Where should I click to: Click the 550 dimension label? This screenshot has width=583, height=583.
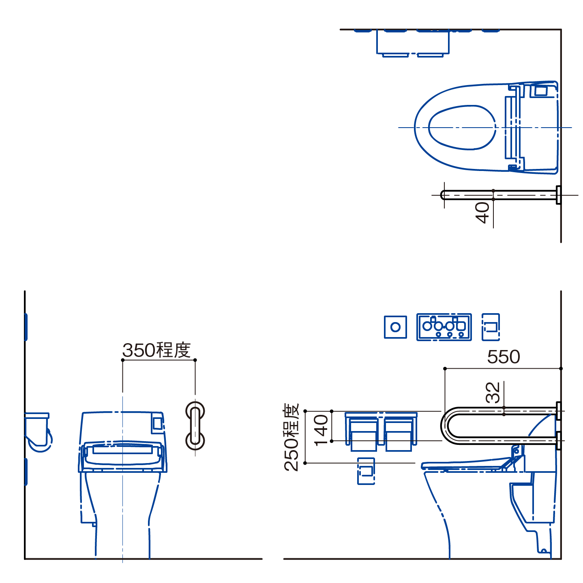(x=504, y=357)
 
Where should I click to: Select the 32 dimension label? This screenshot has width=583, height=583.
(x=493, y=393)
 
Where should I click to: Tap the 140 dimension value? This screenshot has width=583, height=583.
(x=321, y=430)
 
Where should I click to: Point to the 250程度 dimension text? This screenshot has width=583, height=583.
(x=291, y=437)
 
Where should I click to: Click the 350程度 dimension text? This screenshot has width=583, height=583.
(x=156, y=350)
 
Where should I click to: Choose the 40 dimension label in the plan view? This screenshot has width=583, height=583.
(x=482, y=213)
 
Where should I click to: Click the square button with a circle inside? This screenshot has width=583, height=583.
(x=395, y=327)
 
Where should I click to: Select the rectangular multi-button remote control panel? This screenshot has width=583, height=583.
(x=444, y=327)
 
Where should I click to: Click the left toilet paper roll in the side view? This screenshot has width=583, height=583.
(x=363, y=434)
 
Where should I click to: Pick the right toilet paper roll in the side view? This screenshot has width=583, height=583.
(x=399, y=434)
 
